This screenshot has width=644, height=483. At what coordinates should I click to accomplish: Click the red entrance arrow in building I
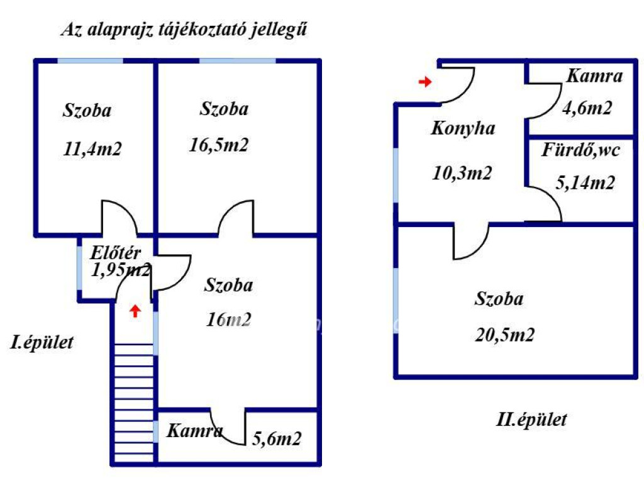click(x=135, y=311)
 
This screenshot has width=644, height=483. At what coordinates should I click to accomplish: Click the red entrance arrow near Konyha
click(x=425, y=82)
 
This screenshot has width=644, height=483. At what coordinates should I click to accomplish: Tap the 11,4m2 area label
click(x=92, y=148)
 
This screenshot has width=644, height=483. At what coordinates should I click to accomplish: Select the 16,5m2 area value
click(x=219, y=145)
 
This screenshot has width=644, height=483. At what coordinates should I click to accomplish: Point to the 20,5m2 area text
click(x=505, y=335)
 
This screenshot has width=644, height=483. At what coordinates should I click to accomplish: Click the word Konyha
click(x=463, y=128)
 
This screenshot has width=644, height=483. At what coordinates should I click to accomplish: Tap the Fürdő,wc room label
click(x=580, y=150)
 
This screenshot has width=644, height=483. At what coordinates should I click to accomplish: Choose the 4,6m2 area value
click(x=587, y=108)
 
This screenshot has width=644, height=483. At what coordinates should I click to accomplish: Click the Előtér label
click(x=116, y=253)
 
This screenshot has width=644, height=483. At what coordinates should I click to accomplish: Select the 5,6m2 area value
click(x=277, y=439)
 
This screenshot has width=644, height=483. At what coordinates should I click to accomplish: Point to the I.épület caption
click(x=42, y=343)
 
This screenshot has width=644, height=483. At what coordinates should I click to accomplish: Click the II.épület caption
click(x=531, y=419)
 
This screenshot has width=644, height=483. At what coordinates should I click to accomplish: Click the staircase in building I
click(x=134, y=403)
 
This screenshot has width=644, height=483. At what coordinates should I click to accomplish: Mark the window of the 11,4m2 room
click(x=91, y=61)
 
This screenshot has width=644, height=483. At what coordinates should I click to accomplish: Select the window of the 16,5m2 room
click(x=237, y=61)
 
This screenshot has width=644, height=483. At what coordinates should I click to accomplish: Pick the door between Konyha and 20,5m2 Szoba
click(x=472, y=242)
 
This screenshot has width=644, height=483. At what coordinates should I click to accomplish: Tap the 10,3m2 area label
click(x=462, y=173)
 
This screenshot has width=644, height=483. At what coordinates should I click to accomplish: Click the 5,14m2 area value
click(x=586, y=182)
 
